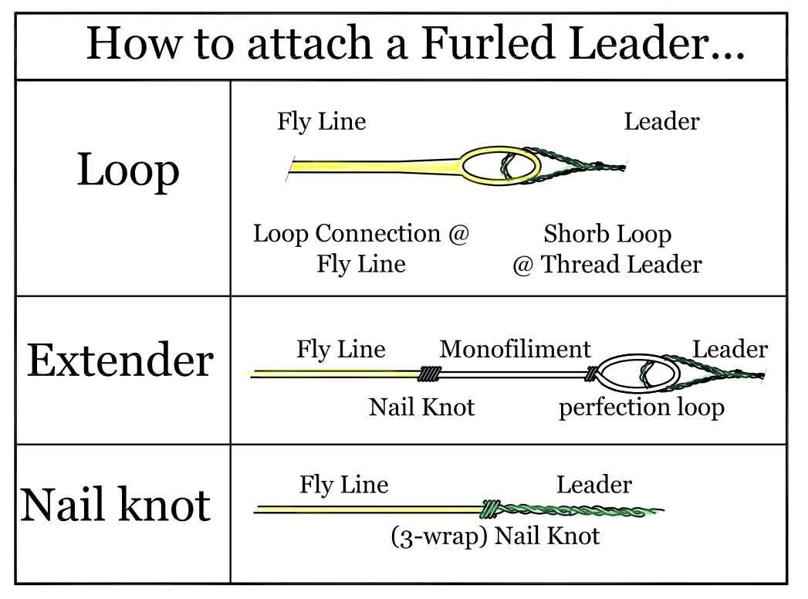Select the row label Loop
tap(128, 171)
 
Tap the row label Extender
tap(120, 360)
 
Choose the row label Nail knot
tap(115, 505)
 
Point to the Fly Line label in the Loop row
tap(321, 122)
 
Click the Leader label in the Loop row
tap(661, 122)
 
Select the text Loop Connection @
tap(361, 233)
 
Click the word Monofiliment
tap(515, 349)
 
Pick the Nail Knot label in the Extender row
tap(421, 406)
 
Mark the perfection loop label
tap(641, 406)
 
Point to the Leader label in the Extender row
tap(730, 349)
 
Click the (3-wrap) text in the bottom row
tap(439, 535)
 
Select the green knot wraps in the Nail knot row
tap(489, 509)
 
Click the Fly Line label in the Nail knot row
tap(343, 485)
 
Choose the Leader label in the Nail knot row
tap(593, 485)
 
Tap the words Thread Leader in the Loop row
tap(621, 265)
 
